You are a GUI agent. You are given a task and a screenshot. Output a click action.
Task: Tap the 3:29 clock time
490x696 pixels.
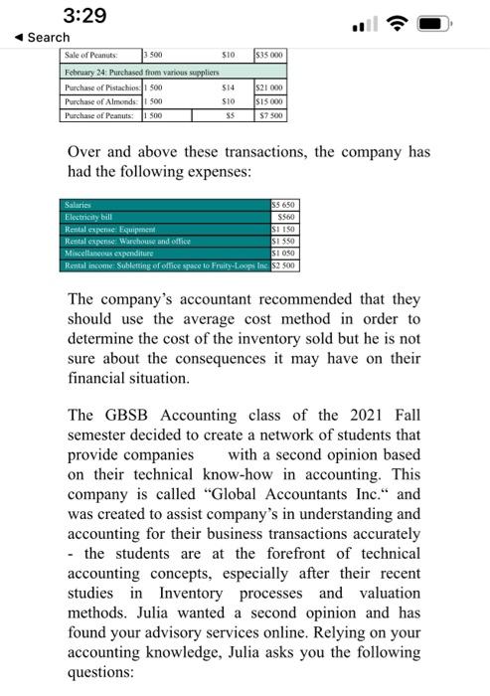pos(83,16)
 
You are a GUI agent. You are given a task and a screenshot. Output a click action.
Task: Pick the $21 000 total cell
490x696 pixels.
pos(271,88)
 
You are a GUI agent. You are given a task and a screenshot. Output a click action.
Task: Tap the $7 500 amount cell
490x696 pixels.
pos(272,116)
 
